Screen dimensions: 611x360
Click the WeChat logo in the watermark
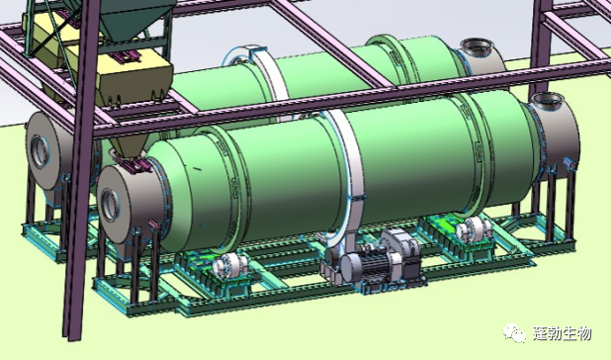(x=514, y=333)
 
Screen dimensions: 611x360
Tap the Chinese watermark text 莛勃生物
(x=562, y=334)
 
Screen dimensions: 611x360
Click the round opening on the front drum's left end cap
(x=109, y=204)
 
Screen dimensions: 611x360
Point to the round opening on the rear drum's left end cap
(x=40, y=151)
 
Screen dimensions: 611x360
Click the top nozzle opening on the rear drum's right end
(x=475, y=45)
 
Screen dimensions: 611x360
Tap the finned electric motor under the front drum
(x=374, y=266)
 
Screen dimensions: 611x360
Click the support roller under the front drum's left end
(x=229, y=266)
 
